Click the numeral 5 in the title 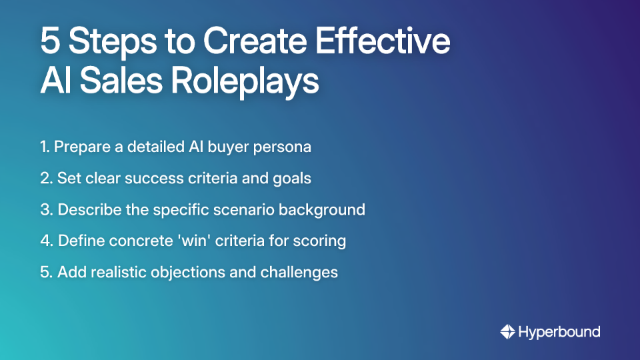click(x=50, y=42)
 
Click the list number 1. click(x=44, y=147)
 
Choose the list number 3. click(x=45, y=209)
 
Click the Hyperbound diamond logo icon click(x=507, y=331)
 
